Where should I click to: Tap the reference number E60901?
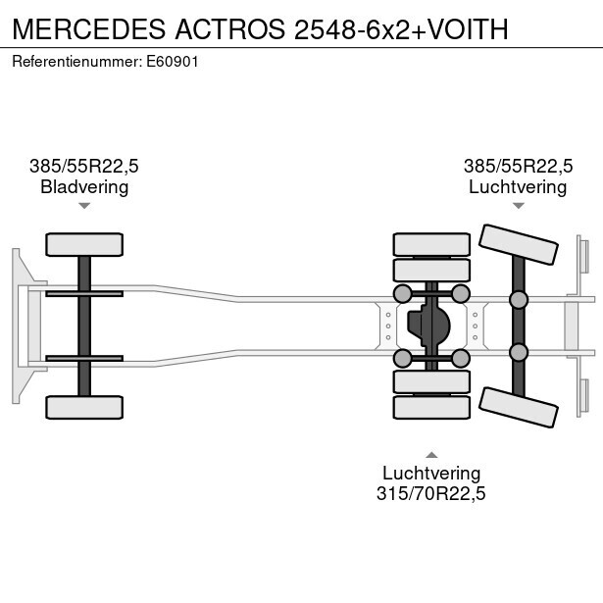click(172, 62)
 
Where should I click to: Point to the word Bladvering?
click(84, 187)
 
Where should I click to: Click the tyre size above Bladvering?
click(84, 167)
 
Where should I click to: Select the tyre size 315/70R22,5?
click(431, 494)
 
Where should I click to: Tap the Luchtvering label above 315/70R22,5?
click(431, 474)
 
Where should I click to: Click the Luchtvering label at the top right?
click(518, 187)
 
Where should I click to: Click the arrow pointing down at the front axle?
click(84, 206)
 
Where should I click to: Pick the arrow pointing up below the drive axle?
click(431, 454)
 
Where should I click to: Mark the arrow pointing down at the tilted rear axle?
click(518, 206)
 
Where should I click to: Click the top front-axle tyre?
click(84, 244)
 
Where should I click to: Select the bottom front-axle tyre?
click(84, 407)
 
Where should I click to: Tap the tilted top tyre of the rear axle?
click(519, 244)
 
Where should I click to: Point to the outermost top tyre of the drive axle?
click(431, 244)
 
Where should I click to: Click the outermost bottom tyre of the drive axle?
click(431, 407)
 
